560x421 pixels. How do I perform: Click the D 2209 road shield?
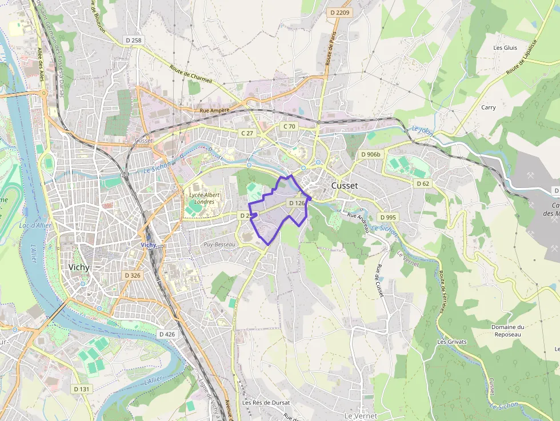pyautogui.click(x=339, y=12)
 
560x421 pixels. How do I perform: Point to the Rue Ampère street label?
pyautogui.click(x=214, y=110)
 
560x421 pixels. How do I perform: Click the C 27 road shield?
pyautogui.click(x=247, y=133)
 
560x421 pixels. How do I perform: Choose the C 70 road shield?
pyautogui.click(x=289, y=126)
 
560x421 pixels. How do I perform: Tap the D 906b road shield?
pyautogui.click(x=370, y=154)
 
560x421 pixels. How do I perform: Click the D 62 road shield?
pyautogui.click(x=423, y=183)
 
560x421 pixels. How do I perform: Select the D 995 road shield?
pyautogui.click(x=387, y=217)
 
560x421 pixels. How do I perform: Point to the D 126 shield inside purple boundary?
pyautogui.click(x=297, y=203)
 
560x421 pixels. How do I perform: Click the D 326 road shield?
pyautogui.click(x=133, y=275)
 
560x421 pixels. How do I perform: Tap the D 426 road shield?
pyautogui.click(x=167, y=334)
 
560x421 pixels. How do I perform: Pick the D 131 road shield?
pyautogui.click(x=82, y=388)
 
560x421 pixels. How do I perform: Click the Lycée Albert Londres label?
pyautogui.click(x=204, y=198)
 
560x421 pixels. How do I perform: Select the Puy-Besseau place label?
pyautogui.click(x=219, y=244)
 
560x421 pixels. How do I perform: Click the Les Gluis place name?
pyautogui.click(x=505, y=47)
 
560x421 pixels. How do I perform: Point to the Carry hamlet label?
pyautogui.click(x=488, y=107)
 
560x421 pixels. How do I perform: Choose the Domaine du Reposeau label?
pyautogui.click(x=507, y=330)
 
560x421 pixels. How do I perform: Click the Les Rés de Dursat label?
pyautogui.click(x=266, y=402)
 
